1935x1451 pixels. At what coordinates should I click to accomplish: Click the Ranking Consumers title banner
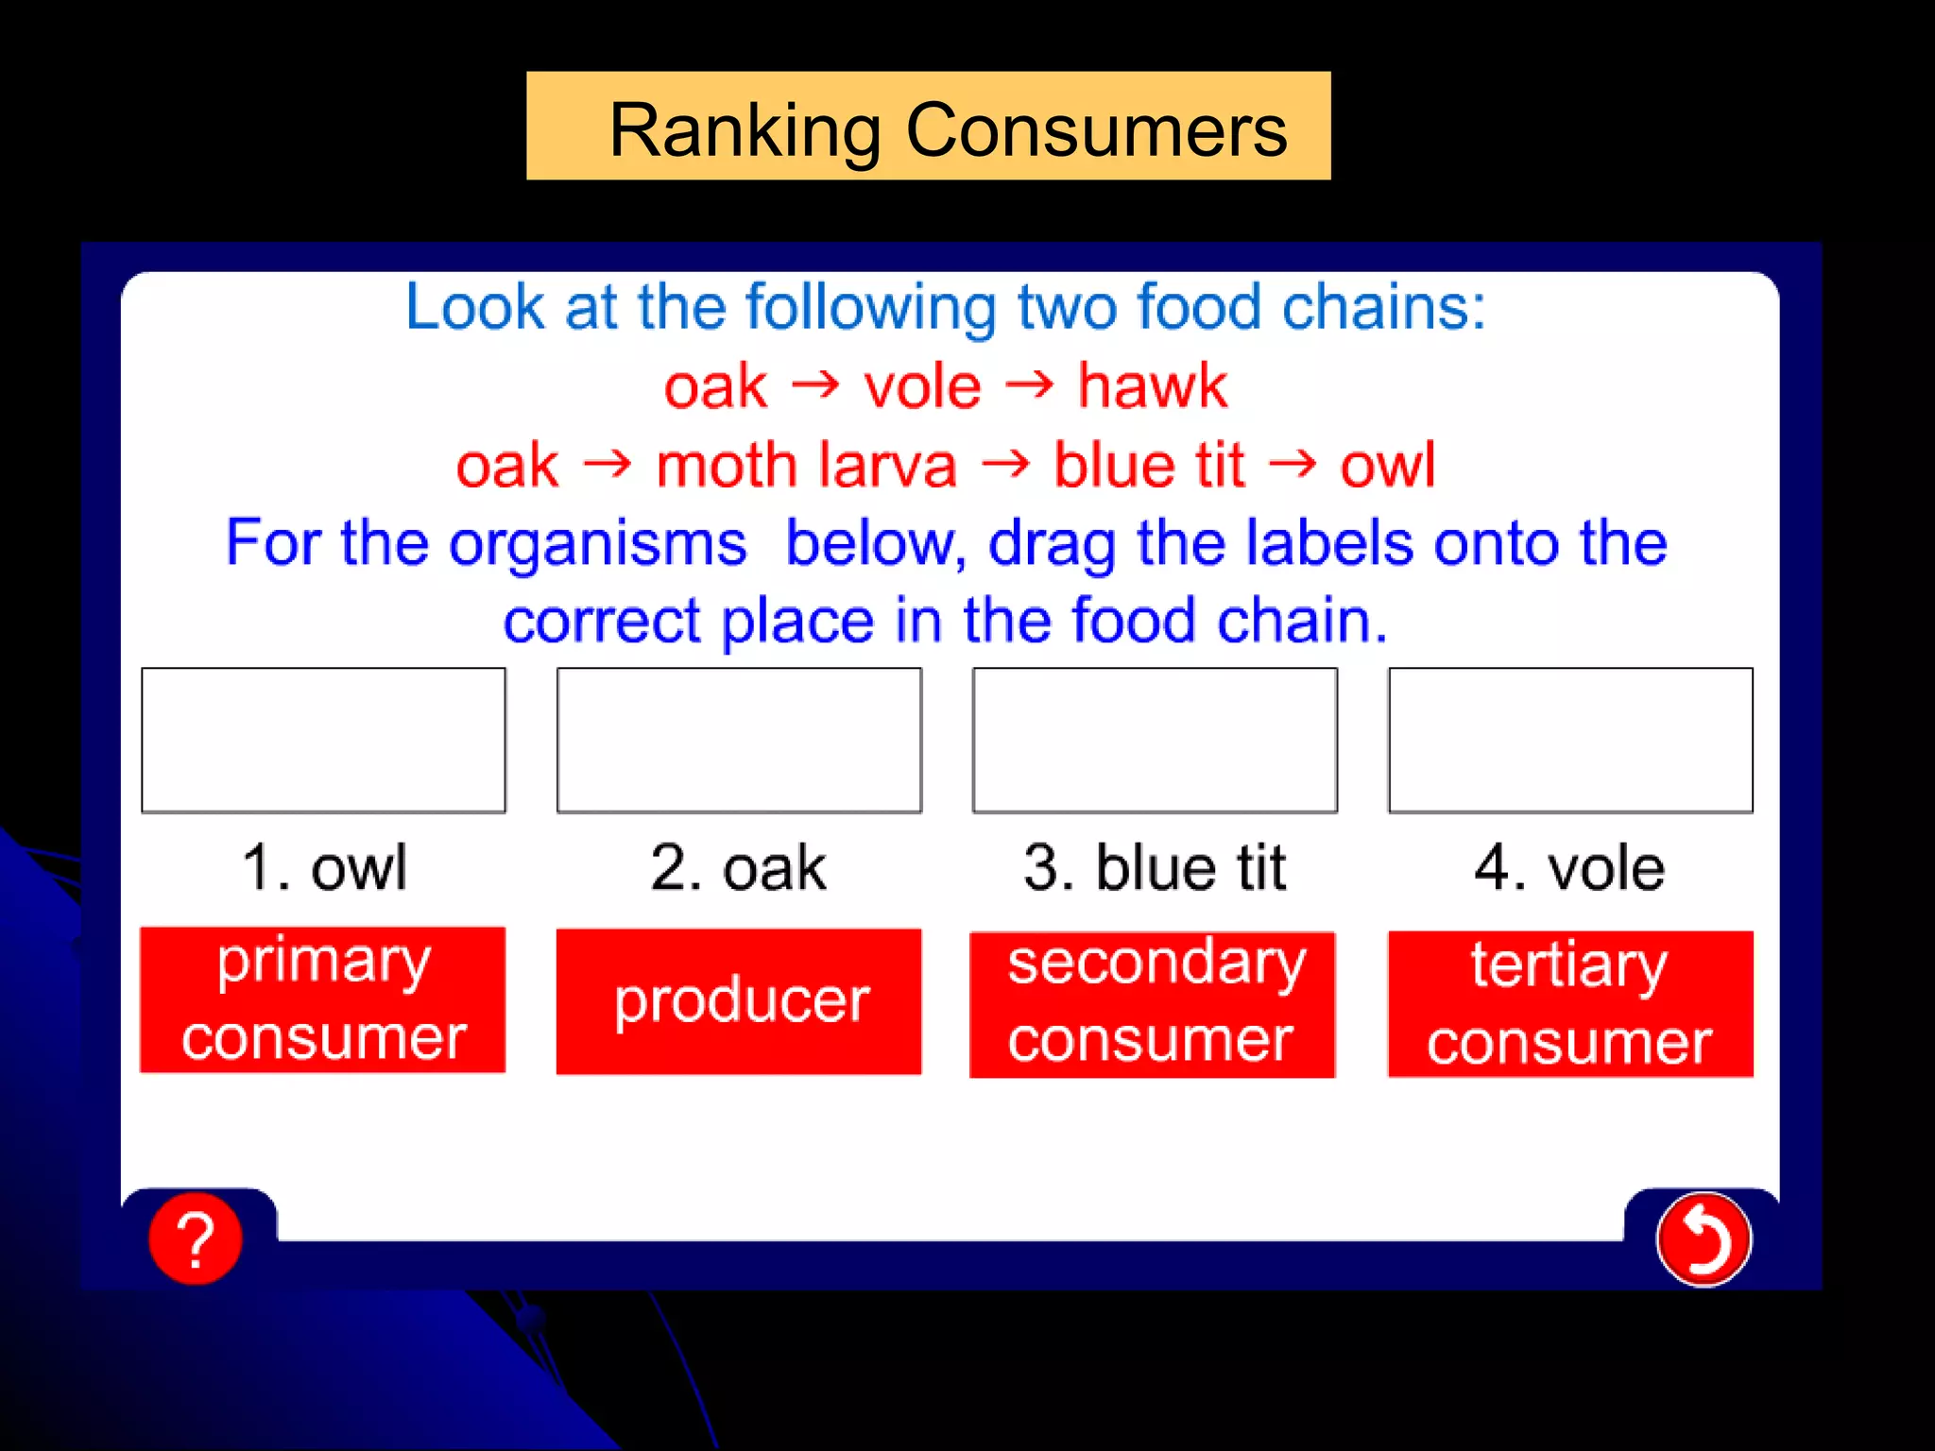point(928,127)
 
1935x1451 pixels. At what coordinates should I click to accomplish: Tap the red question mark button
point(196,1238)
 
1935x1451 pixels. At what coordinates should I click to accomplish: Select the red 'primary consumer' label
point(323,999)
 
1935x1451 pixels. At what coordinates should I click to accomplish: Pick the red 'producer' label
point(739,1001)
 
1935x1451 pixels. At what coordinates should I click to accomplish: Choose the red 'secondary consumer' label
point(1153,1004)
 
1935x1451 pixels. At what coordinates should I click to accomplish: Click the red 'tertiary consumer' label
point(1569,1004)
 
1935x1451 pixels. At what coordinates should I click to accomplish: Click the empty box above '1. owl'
point(323,740)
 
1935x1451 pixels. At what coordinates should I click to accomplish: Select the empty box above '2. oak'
point(739,740)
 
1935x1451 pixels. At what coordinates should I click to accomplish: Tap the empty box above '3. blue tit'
point(1155,740)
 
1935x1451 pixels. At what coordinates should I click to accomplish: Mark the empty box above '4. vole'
point(1570,740)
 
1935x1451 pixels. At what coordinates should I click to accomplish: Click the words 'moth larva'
point(806,465)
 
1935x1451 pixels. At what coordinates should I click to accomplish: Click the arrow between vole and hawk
point(1029,384)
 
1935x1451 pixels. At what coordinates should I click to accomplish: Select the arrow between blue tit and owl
point(1292,463)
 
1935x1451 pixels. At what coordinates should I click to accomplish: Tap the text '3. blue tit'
point(1155,867)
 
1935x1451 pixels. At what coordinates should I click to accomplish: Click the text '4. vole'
point(1569,867)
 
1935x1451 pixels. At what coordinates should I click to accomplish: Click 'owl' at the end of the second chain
point(1387,465)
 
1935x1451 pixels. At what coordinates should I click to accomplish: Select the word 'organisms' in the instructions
point(597,543)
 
